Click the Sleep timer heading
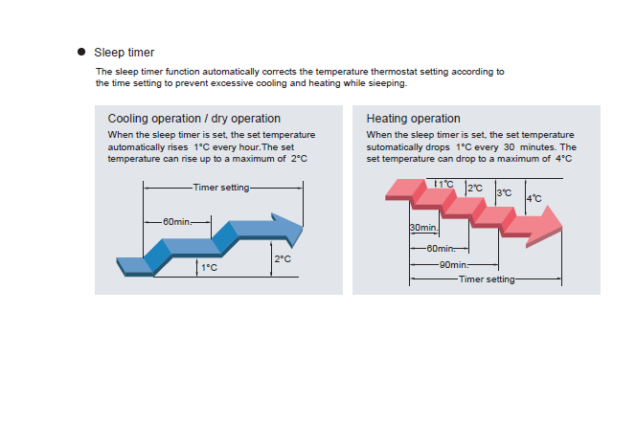tap(124, 52)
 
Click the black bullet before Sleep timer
tap(82, 52)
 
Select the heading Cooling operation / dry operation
tap(193, 119)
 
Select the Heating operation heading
tap(413, 119)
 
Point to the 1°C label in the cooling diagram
tap(209, 267)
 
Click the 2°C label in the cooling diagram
tap(283, 259)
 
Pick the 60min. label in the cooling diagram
tap(176, 221)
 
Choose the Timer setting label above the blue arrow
tap(220, 188)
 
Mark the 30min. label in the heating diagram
tap(423, 228)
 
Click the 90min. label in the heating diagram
tap(453, 264)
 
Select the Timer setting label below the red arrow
tap(487, 279)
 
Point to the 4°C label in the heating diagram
tap(534, 198)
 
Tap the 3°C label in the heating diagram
tap(505, 193)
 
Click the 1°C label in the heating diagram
tap(446, 184)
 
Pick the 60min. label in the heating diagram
tap(441, 248)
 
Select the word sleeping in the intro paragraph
tap(384, 83)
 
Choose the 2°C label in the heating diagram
tap(475, 188)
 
